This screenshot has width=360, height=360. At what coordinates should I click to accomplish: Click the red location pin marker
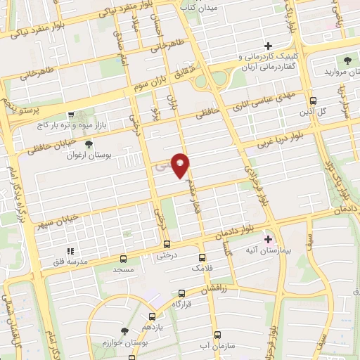pos(181,165)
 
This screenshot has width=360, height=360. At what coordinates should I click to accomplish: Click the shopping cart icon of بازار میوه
pos(70,114)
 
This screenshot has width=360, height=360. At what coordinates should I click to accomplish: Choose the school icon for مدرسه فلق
pos(70,251)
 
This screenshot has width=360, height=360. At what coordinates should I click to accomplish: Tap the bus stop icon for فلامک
pos(202,258)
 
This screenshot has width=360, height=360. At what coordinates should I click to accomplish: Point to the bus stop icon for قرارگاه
pos(182,293)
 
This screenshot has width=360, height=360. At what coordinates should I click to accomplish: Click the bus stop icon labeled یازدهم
pos(152,318)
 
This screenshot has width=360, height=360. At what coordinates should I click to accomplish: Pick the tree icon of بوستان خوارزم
pos(124,330)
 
